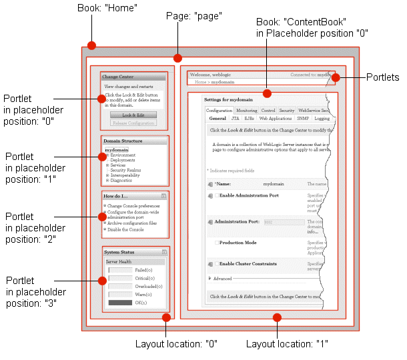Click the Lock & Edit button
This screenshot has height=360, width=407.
pyautogui.click(x=133, y=115)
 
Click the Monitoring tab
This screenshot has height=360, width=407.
pyautogui.click(x=246, y=111)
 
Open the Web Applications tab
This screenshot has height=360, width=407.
pyautogui.click(x=275, y=119)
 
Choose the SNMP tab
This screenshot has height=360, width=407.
pyautogui.click(x=303, y=119)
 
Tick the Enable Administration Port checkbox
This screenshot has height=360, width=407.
pyautogui.click(x=218, y=195)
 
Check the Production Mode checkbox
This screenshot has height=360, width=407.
pyautogui.click(x=218, y=243)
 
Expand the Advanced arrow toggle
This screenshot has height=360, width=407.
pyautogui.click(x=210, y=278)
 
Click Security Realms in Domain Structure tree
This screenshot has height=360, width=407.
pyautogui.click(x=125, y=170)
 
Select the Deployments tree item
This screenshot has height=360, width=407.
pyautogui.click(x=123, y=160)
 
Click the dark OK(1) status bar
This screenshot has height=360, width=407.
pyautogui.click(x=120, y=303)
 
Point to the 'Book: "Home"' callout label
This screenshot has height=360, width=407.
pyautogui.click(x=107, y=9)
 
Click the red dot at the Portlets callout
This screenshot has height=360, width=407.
pyautogui.click(x=336, y=78)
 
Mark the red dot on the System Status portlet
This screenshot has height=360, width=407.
pyautogui.click(x=102, y=281)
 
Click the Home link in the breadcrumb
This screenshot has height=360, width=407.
pyautogui.click(x=199, y=82)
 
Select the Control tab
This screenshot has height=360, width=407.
pyautogui.click(x=268, y=111)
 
